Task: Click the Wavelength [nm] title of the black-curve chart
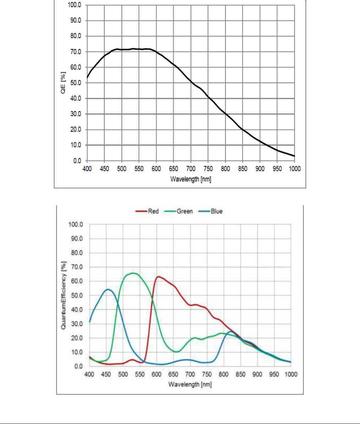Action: (191, 179)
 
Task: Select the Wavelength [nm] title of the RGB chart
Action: (190, 384)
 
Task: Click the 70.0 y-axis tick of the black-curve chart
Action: (75, 52)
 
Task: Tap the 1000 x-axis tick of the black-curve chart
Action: (295, 169)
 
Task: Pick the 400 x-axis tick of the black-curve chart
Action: (87, 169)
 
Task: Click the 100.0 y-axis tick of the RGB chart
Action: (76, 224)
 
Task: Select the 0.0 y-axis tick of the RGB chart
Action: (78, 366)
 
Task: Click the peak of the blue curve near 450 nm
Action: (108, 289)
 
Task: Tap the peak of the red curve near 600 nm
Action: (158, 276)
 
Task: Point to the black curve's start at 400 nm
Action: (87, 78)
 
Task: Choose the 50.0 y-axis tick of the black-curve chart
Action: (75, 83)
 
